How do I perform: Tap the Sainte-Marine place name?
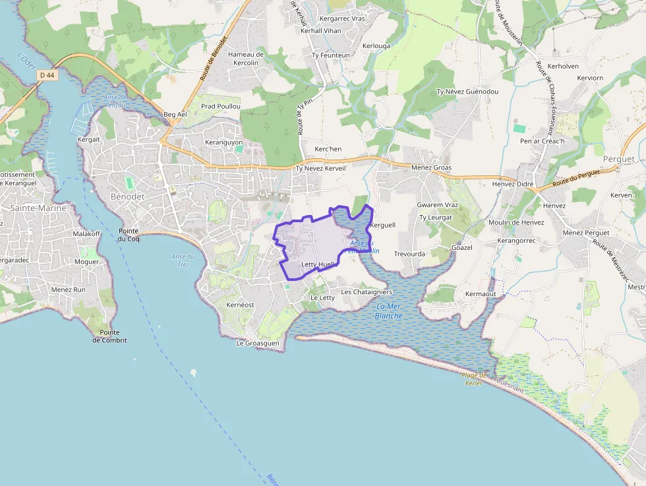coord(38,208)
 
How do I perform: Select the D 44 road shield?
coord(46,75)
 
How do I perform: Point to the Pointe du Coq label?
coord(129,235)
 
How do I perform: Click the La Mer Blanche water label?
coord(388,311)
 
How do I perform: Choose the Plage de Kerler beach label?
coord(475,379)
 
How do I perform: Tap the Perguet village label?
coord(618,160)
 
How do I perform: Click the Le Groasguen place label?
coord(258,344)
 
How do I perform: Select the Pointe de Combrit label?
coord(109,336)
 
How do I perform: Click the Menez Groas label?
coord(431,168)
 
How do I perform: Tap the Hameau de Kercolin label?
coord(246,59)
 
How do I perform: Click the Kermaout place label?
coord(480,293)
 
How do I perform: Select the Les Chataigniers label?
coord(367,292)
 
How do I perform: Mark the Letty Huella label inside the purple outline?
coord(319,264)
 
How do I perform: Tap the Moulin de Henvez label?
coord(516,222)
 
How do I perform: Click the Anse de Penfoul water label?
coord(114,101)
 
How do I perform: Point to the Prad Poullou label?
coord(221,106)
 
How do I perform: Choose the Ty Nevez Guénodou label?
coord(467,92)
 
